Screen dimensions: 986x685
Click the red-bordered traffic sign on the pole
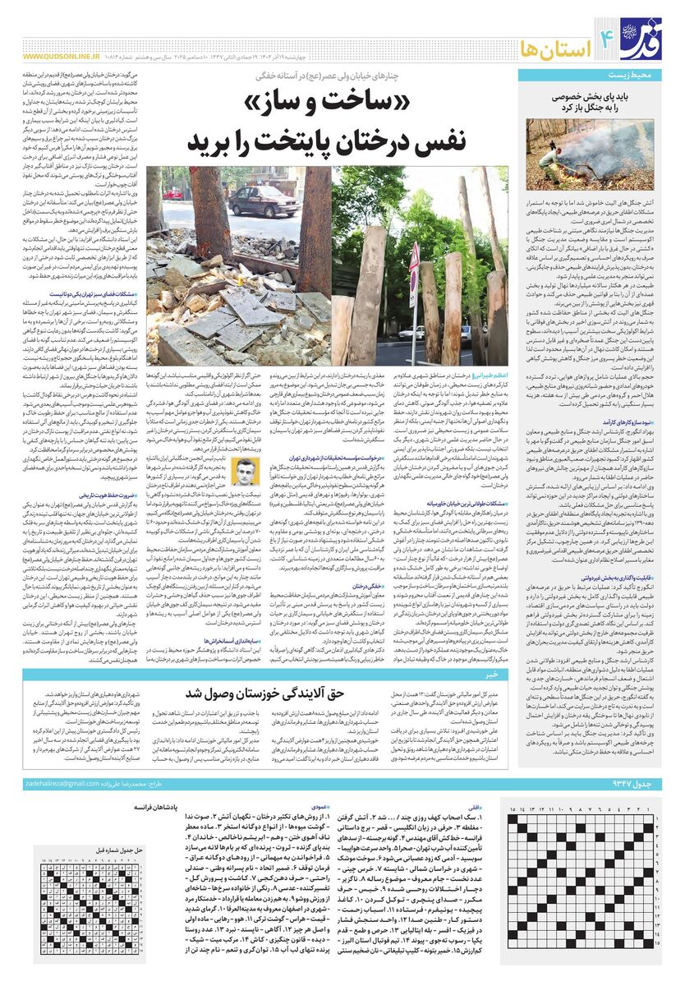point(414,268)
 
